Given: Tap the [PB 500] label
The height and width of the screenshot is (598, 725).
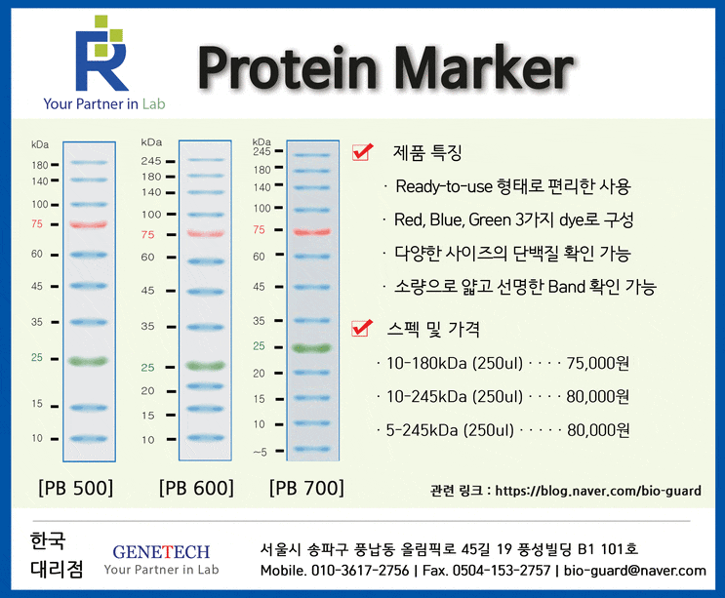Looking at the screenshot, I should click(75, 487).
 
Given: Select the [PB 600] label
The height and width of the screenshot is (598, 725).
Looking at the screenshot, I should click(195, 487).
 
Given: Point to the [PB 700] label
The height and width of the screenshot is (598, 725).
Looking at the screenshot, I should click(306, 487).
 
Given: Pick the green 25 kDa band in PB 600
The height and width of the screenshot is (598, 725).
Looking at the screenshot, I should click(206, 366).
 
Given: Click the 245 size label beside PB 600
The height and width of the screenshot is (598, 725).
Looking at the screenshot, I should click(150, 160).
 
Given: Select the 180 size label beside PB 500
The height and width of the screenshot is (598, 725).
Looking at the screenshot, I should click(39, 166).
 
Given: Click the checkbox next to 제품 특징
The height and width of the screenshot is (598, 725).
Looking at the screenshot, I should click(363, 152).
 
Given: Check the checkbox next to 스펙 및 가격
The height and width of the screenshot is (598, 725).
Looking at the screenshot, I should click(363, 329).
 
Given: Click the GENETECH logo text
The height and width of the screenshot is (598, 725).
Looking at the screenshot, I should click(161, 552).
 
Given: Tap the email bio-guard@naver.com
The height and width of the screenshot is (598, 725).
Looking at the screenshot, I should click(634, 571).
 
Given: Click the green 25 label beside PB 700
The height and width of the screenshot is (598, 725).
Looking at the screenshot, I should click(260, 346).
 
